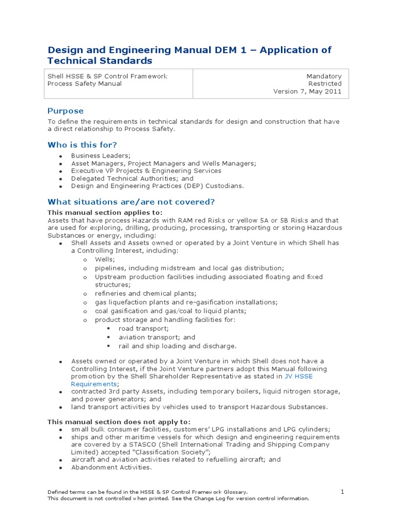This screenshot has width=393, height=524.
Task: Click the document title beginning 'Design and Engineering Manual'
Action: point(189,55)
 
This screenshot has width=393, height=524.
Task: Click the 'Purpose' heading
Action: point(65,111)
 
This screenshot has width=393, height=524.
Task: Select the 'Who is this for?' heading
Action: point(82,145)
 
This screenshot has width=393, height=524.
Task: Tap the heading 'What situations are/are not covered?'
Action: point(131,201)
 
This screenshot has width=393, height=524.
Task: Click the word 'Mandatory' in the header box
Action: point(324,76)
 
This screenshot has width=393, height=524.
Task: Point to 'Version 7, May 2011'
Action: point(307,92)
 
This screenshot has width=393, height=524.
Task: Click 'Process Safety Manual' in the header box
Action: point(85,83)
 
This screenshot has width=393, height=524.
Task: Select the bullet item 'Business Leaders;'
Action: point(101,156)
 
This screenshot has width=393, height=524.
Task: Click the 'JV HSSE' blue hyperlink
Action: point(298,376)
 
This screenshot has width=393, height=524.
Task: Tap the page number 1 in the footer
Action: point(343,492)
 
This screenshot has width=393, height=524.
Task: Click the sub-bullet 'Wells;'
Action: point(105,260)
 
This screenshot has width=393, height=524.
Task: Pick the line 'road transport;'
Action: point(143,329)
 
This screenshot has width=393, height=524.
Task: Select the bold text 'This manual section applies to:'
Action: point(105,212)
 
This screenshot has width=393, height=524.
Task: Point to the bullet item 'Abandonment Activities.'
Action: point(112,467)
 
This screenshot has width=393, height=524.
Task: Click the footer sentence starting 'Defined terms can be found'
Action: point(148,492)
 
